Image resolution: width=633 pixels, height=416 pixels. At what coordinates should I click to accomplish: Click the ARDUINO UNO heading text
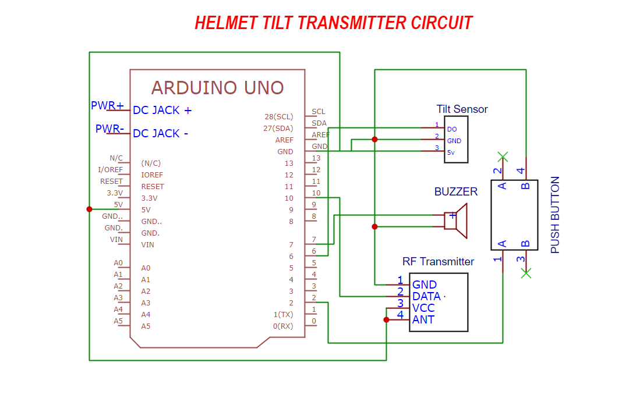tap(217, 88)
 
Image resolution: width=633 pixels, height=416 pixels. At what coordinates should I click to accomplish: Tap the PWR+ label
tap(107, 106)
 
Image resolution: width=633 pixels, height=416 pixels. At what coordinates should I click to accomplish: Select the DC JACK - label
tap(160, 133)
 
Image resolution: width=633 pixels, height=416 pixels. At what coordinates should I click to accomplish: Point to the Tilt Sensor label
tap(462, 109)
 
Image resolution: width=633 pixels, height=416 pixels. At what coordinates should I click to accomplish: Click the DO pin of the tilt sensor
tap(452, 129)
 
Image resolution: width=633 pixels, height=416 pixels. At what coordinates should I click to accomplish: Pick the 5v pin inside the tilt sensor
tap(451, 152)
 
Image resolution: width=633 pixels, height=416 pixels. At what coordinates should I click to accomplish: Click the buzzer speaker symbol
tap(457, 221)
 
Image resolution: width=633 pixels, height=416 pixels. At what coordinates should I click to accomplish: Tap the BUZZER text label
tap(455, 192)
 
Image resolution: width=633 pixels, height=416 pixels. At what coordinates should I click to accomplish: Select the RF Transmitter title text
tap(438, 262)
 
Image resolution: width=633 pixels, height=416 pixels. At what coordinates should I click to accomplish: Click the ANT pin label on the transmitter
tap(423, 319)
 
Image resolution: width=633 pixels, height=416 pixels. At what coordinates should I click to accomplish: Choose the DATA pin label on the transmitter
tap(426, 296)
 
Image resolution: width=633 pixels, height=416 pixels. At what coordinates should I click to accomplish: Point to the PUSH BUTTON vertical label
tap(555, 215)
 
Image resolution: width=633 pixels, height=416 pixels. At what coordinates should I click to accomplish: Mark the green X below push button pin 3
tap(526, 273)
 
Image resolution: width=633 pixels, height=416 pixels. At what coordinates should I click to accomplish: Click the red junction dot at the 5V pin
tap(89, 209)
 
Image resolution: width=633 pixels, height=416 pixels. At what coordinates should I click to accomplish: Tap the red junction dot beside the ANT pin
tap(386, 319)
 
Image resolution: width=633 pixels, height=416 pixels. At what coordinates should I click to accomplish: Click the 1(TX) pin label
tap(283, 315)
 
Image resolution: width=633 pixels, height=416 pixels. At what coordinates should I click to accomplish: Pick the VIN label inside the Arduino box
tap(147, 245)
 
